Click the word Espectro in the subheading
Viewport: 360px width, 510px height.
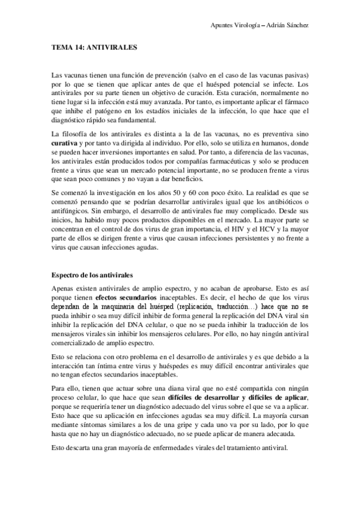coord(66,274)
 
